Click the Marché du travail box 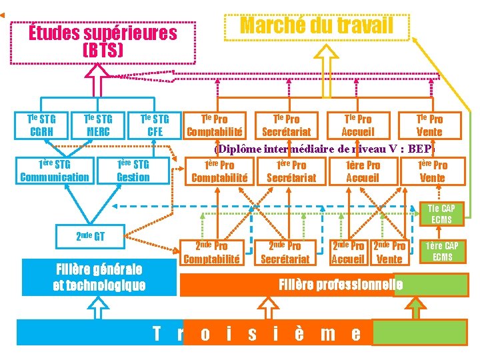[316, 25]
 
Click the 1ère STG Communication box [55, 171]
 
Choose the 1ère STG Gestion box [133, 171]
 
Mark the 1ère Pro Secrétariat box [291, 171]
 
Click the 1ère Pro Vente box [432, 171]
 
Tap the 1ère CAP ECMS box [442, 251]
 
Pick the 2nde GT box [91, 235]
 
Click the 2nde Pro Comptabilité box [211, 253]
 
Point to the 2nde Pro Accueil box [348, 253]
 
